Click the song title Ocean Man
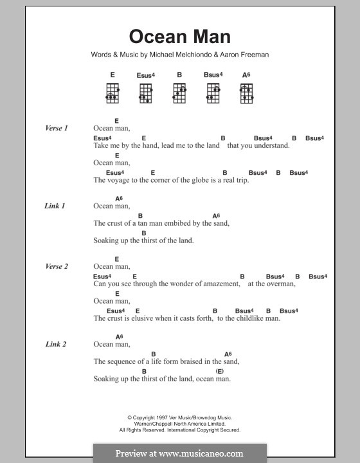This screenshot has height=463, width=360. (x=180, y=37)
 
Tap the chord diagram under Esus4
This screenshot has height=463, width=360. (x=145, y=94)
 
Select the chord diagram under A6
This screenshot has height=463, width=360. (x=246, y=94)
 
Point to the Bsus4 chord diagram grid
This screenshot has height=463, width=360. (x=213, y=94)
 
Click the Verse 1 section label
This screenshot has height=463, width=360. (x=57, y=129)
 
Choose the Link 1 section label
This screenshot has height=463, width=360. (x=55, y=206)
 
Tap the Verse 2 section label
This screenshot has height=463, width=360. (x=57, y=267)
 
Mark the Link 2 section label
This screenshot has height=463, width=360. (x=55, y=345)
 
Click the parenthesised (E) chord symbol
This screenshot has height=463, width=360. (x=219, y=371)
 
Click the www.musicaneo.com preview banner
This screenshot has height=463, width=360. (x=179, y=453)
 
